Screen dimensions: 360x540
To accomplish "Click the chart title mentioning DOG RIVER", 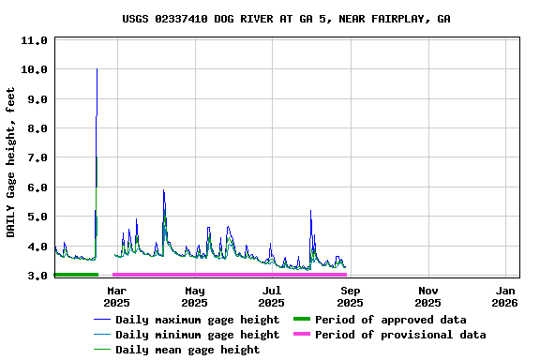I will point(286,19).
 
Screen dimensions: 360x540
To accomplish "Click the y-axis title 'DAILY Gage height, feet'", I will point(11,161).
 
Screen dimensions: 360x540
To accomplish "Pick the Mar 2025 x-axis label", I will point(117,296).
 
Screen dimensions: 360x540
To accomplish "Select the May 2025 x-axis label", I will point(195,296).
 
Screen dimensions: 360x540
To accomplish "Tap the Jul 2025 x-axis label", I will point(272,296).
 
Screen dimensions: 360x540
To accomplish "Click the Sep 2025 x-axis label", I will point(350,296).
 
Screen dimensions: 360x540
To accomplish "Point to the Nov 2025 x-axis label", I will point(427,296).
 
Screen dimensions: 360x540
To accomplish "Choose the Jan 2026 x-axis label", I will point(505,296).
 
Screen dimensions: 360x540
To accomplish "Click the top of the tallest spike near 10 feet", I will point(97,69).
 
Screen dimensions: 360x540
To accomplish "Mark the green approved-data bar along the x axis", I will point(76,275).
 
